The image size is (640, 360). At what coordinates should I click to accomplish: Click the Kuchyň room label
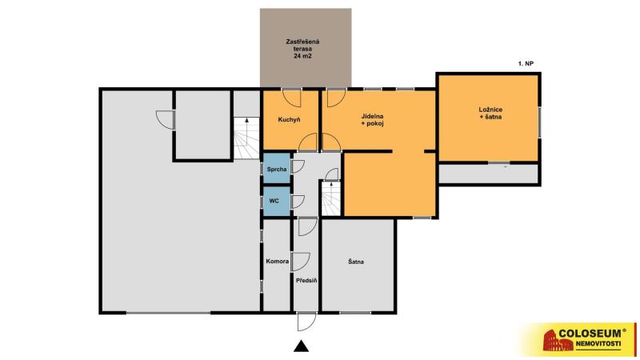[289, 119]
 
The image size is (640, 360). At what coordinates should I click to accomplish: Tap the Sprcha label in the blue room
[277, 169]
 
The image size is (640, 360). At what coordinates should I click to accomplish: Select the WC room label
[274, 201]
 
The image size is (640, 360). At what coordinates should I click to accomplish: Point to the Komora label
[277, 262]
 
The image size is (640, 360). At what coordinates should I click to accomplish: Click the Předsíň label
[306, 281]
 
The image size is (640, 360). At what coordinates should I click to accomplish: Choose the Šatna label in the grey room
[356, 262]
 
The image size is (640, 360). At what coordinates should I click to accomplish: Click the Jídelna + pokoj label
[372, 120]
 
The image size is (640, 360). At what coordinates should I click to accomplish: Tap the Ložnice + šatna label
[490, 113]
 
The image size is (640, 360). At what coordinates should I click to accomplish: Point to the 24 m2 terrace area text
[302, 56]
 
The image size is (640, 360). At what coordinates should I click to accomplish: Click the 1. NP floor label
[526, 64]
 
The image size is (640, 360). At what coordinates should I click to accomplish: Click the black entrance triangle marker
[302, 346]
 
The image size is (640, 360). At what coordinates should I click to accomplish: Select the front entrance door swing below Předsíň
[306, 322]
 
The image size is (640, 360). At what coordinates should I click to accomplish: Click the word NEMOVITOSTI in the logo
[598, 344]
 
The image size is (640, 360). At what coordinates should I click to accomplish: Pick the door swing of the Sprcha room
[298, 166]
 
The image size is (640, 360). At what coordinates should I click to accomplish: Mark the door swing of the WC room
[298, 202]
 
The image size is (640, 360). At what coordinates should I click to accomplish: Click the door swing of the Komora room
[301, 262]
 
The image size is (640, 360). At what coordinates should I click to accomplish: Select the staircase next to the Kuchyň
[246, 138]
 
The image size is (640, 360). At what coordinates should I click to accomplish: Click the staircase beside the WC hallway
[331, 198]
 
